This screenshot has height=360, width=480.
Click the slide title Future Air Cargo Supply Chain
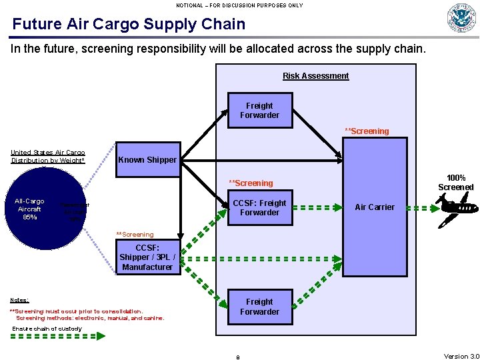(x=129, y=25)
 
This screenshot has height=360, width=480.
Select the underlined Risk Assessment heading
(x=315, y=76)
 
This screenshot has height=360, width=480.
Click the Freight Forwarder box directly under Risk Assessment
(x=259, y=111)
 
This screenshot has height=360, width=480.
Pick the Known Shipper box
(x=147, y=160)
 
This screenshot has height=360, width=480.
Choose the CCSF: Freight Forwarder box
(x=259, y=208)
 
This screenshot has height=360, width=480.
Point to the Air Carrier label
(x=375, y=207)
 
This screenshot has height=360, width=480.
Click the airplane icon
(x=460, y=207)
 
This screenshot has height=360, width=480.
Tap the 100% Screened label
(x=455, y=183)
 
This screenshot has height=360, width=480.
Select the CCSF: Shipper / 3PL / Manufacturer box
(x=147, y=257)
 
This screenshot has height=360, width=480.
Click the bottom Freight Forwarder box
(x=259, y=307)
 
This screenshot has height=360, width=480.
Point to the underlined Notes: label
(x=19, y=300)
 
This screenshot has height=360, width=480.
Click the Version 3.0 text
(x=461, y=356)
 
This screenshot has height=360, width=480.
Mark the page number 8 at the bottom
(x=238, y=357)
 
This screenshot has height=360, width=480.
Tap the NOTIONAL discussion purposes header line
(x=239, y=5)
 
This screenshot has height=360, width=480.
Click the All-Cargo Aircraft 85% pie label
(x=29, y=209)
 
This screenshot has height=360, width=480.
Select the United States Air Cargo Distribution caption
(x=47, y=157)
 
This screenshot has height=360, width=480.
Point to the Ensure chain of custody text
(x=47, y=329)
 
